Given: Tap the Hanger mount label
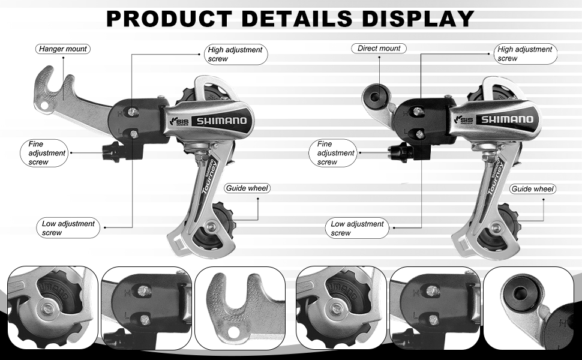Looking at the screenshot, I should pyautogui.click(x=62, y=49).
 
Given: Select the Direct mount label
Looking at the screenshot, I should pyautogui.click(x=379, y=48).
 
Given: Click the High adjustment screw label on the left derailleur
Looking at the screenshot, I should pyautogui.click(x=235, y=54).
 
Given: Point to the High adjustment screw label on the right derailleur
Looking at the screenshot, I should pyautogui.click(x=525, y=53).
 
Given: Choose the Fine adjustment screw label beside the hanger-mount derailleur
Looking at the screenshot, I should pyautogui.click(x=47, y=153).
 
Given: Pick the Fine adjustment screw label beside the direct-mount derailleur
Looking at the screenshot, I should pyautogui.click(x=335, y=153).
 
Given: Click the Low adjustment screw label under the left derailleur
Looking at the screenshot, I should pyautogui.click(x=68, y=228).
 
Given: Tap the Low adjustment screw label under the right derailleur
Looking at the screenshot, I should pyautogui.click(x=357, y=228).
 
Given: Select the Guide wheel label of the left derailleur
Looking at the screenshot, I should pyautogui.click(x=247, y=188).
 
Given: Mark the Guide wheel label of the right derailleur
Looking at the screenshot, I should pyautogui.click(x=532, y=189).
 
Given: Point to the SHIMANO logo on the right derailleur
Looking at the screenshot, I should pyautogui.click(x=507, y=119).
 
